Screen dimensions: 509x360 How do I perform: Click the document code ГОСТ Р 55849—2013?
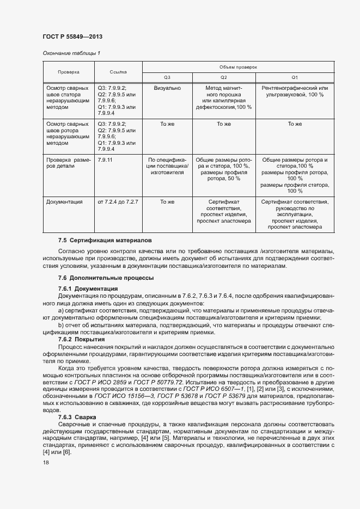72,37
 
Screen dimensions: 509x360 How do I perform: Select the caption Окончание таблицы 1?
71,53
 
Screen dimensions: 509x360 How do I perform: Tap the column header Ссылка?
118,71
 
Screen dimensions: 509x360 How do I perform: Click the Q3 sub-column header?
167,77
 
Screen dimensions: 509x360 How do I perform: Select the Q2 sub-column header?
223,77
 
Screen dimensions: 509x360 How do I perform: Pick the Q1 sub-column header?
295,77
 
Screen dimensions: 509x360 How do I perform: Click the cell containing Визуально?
167,88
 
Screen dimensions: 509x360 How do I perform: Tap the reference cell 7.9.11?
105,160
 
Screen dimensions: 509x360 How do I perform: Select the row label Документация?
65,202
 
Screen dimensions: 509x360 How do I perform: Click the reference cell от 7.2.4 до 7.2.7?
118,202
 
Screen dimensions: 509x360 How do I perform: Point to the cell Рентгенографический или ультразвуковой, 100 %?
295,91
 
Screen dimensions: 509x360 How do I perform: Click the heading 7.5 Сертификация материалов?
105,240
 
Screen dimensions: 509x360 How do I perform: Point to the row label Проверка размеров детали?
68,163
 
